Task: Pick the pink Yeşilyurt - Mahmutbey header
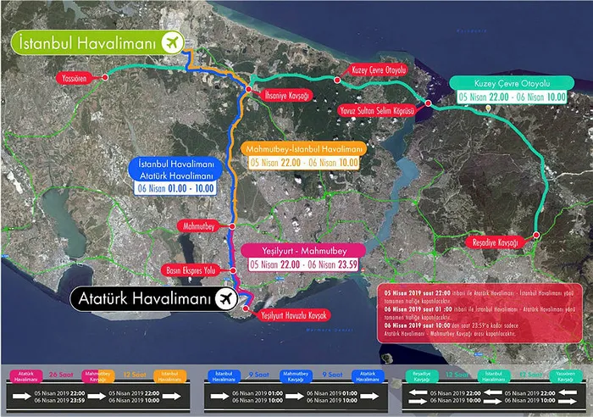click(x=302, y=250)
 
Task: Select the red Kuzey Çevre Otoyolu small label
click(x=380, y=69)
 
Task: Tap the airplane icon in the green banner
click(x=171, y=42)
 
